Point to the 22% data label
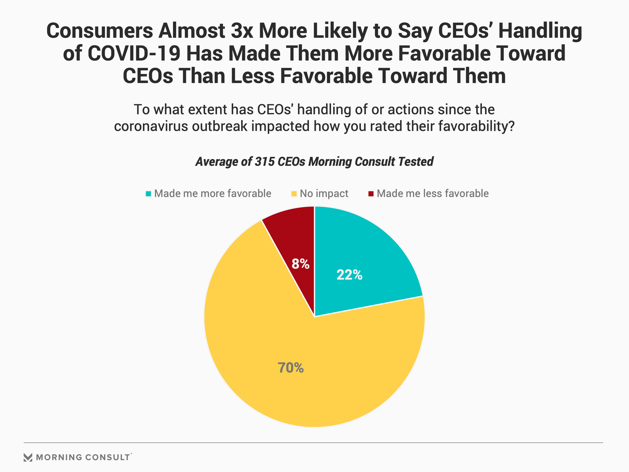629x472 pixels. [349, 275]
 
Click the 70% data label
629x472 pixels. [291, 368]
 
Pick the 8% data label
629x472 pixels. [300, 264]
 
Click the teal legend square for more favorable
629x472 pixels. [148, 194]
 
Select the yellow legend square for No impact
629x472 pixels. [294, 194]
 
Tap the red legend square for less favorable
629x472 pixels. [371, 194]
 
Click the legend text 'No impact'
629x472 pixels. [324, 194]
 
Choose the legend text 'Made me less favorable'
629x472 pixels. [432, 194]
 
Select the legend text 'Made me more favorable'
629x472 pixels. [213, 194]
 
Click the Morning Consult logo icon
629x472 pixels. [28, 457]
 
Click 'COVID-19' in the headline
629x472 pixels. [134, 53]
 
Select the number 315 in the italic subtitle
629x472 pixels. [264, 162]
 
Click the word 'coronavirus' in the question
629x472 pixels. [151, 126]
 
